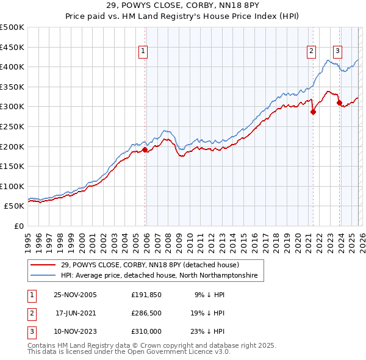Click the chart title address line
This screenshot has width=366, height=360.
pyautogui.click(x=182, y=5)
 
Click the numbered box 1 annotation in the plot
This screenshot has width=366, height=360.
pyautogui.click(x=143, y=51)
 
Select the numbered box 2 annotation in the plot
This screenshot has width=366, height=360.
pyautogui.click(x=311, y=51)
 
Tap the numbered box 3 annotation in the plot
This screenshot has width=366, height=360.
pyautogui.click(x=337, y=51)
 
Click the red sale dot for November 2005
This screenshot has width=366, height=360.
pyautogui.click(x=145, y=149)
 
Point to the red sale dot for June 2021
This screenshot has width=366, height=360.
pyautogui.click(x=313, y=112)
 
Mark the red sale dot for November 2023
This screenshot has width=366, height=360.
pyautogui.click(x=339, y=103)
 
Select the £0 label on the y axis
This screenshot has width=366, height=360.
pyautogui.click(x=18, y=226)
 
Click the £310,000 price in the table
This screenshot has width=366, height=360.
pyautogui.click(x=146, y=331)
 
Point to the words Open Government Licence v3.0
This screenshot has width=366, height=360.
pyautogui.click(x=183, y=352)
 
